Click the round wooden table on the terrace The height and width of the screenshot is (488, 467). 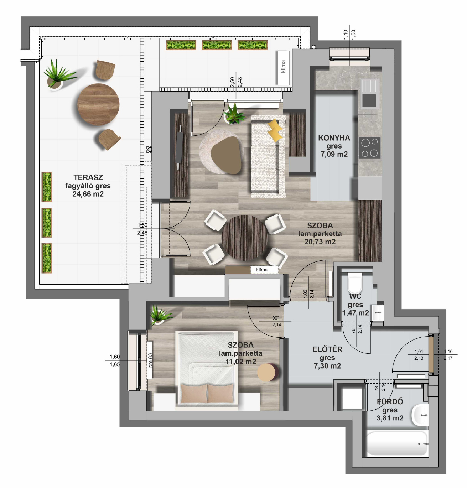tap(98, 104)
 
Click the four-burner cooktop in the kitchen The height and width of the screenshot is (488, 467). tap(369, 147)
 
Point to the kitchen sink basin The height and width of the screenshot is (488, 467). tap(369, 100)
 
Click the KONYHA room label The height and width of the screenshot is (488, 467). tap(334, 138)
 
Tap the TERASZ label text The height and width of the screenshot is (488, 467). tap(88, 177)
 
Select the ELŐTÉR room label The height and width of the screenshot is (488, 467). tap(327, 349)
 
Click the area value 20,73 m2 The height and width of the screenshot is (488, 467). tap(320, 242)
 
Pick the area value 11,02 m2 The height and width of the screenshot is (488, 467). tap(240, 362)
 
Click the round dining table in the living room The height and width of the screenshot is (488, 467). tap(244, 238)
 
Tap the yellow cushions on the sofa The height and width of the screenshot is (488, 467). tap(275, 130)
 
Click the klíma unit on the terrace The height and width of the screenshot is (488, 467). tap(283, 68)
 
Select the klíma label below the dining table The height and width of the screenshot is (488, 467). tap(261, 270)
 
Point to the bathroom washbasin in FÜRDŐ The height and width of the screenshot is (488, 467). tap(420, 415)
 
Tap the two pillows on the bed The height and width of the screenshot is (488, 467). tap(207, 394)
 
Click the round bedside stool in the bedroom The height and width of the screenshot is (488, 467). tap(268, 372)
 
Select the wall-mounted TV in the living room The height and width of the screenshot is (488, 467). tap(180, 147)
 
